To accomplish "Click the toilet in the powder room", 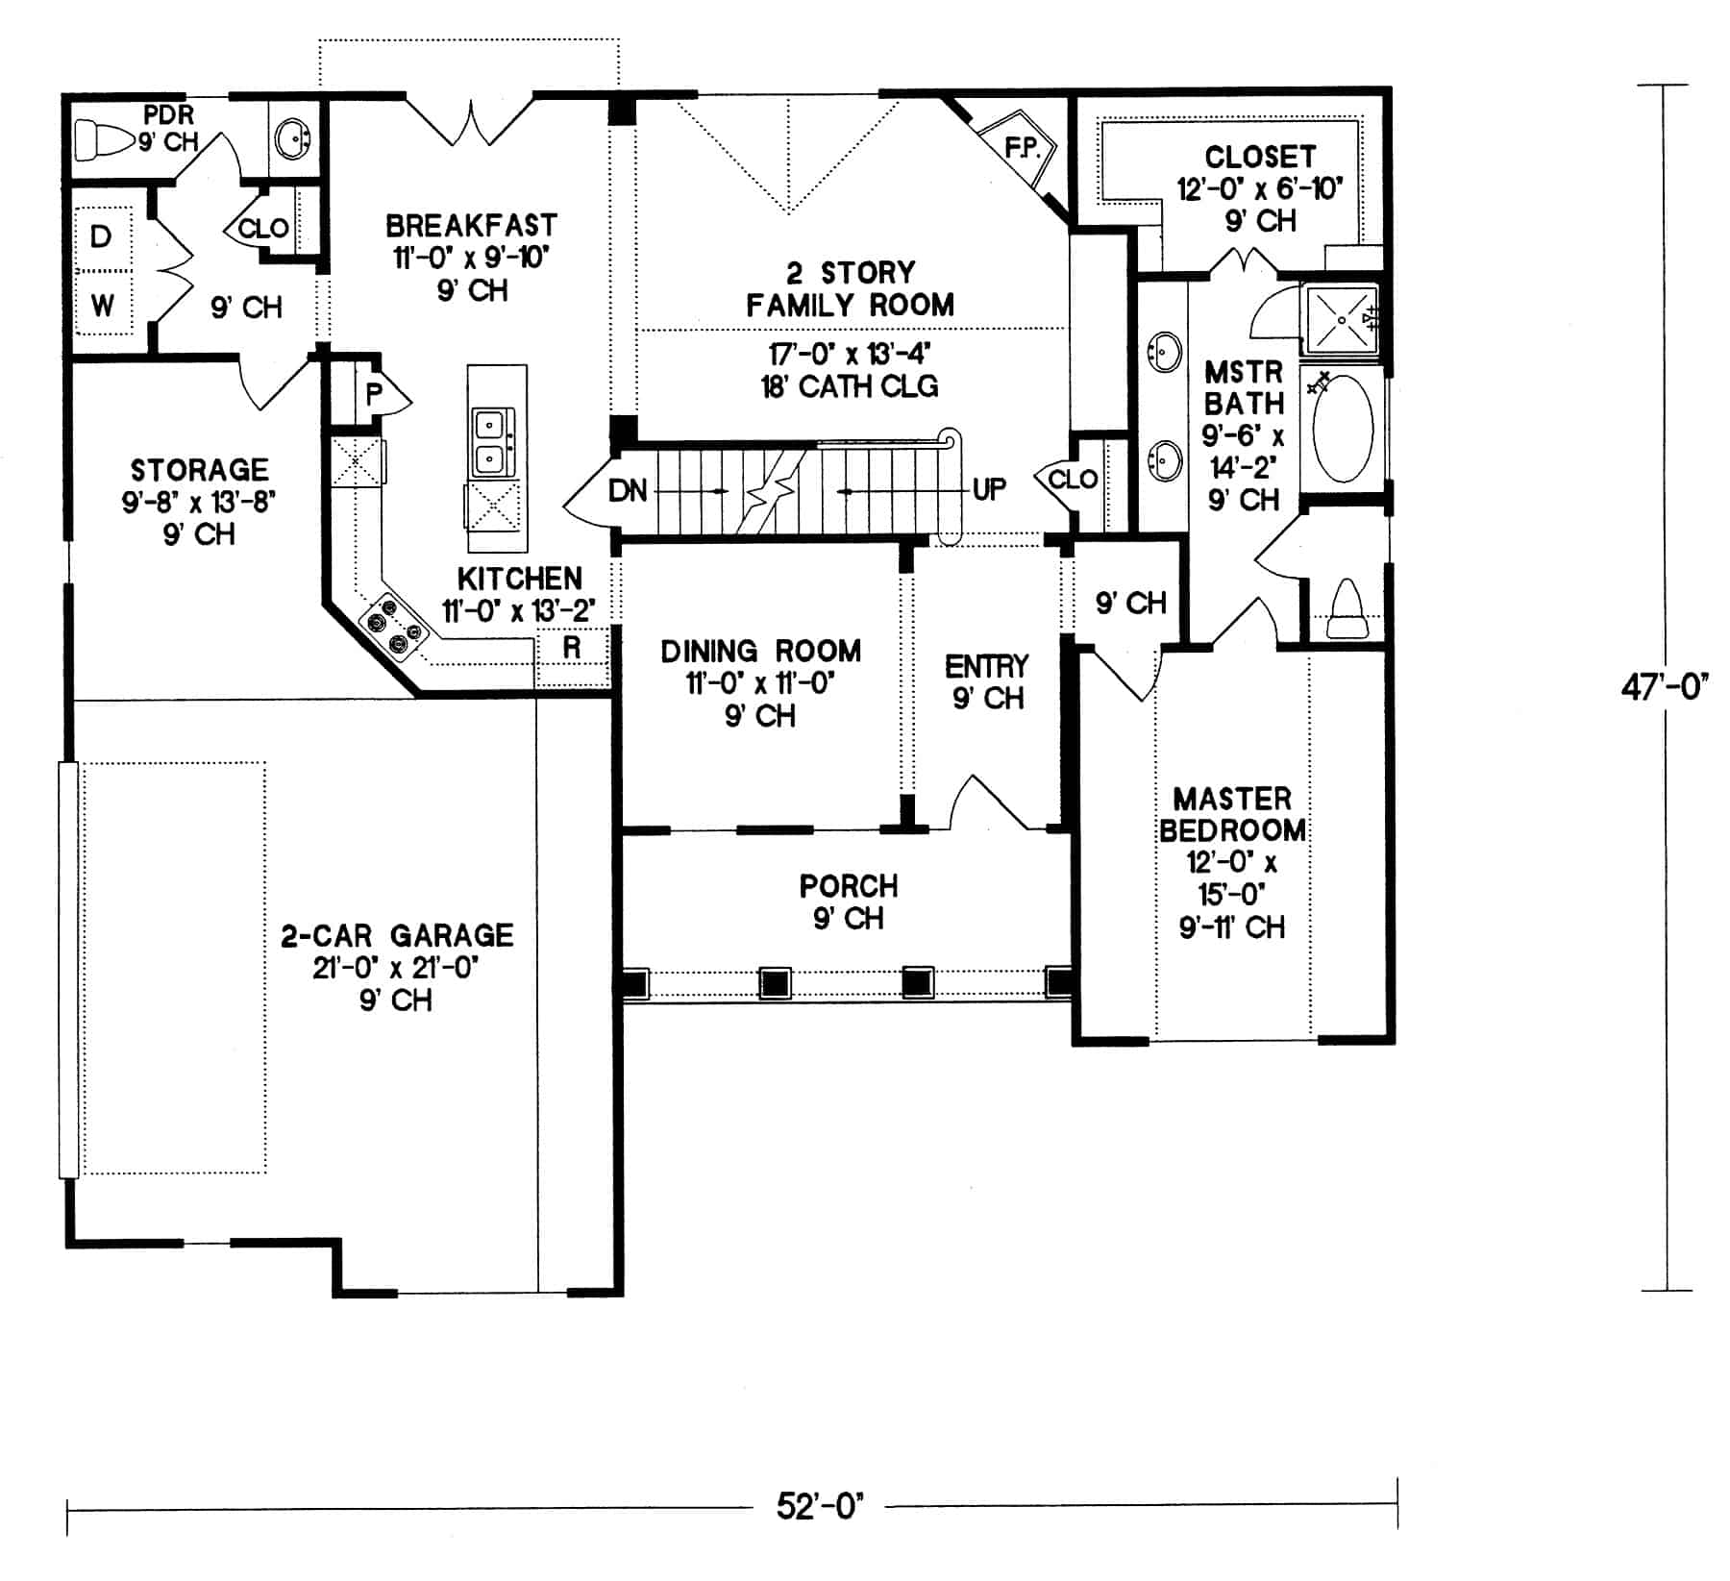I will pos(103,140).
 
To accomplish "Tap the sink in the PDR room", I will pos(292,139).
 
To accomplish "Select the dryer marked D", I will pos(102,237).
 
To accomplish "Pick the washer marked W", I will pos(102,306).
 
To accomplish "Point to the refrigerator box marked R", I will pos(572,648).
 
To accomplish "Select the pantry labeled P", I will pos(374,392).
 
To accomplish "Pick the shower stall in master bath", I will pos(1340,318).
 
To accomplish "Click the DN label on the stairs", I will pos(628,491).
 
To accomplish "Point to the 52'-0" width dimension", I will pos(820,1506).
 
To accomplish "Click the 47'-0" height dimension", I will pos(1664,687).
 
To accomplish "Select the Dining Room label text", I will pos(760,652).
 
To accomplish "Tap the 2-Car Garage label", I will pos(397,935).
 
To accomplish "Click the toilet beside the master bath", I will pos(1347,609).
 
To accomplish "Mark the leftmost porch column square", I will pos(634,982).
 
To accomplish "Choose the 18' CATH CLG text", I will pos(850,386).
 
